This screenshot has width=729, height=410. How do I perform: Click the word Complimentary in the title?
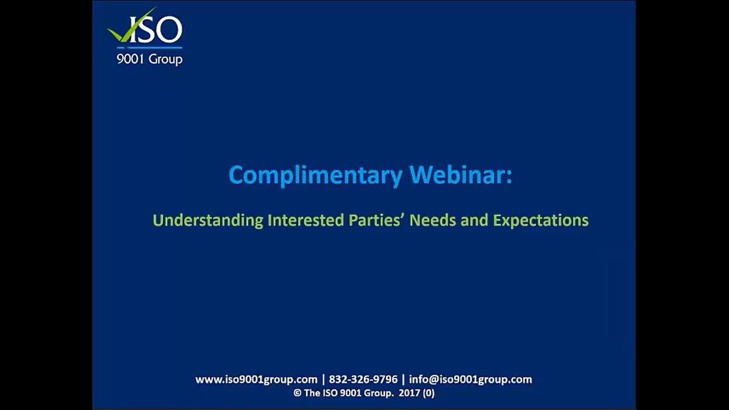[315, 175]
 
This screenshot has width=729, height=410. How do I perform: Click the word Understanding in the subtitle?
[208, 220]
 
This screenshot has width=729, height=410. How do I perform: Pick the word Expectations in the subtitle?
[540, 220]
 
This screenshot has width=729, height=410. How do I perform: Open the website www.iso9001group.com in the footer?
[256, 379]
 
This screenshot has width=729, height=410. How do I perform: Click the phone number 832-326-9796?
[363, 379]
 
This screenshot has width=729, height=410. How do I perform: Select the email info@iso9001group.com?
[470, 379]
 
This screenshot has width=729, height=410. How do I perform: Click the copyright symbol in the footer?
[297, 393]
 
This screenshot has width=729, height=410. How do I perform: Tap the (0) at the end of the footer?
[428, 393]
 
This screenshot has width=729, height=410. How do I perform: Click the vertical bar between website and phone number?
[323, 379]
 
